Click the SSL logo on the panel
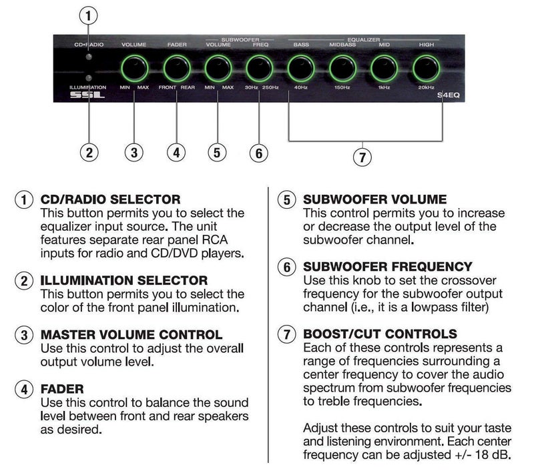87,96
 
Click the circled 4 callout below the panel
176,152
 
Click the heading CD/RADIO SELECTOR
110,199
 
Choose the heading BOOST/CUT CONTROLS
380,334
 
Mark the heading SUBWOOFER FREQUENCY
387,266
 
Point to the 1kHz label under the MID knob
383,87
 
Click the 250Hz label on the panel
270,87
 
